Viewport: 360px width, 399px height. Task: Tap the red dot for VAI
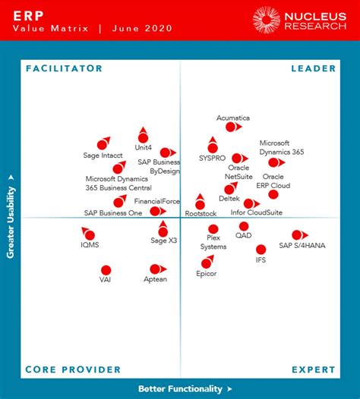pyautogui.click(x=106, y=270)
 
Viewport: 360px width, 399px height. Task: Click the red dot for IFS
pyautogui.click(x=261, y=250)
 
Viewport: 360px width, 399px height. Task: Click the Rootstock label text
pyautogui.click(x=201, y=214)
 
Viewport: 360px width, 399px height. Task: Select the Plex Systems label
pyautogui.click(x=213, y=242)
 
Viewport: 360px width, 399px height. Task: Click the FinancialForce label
pyautogui.click(x=156, y=201)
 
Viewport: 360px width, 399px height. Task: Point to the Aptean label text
pyautogui.click(x=155, y=280)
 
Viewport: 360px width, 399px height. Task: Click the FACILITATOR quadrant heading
pyautogui.click(x=64, y=68)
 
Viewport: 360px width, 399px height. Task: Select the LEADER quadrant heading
pyautogui.click(x=313, y=68)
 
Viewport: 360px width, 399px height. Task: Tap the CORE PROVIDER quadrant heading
pyautogui.click(x=73, y=370)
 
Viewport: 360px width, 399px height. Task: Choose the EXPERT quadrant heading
pyautogui.click(x=313, y=370)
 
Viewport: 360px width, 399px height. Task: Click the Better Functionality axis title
pyautogui.click(x=180, y=389)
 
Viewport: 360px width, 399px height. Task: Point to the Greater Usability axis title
pyautogui.click(x=11, y=215)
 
